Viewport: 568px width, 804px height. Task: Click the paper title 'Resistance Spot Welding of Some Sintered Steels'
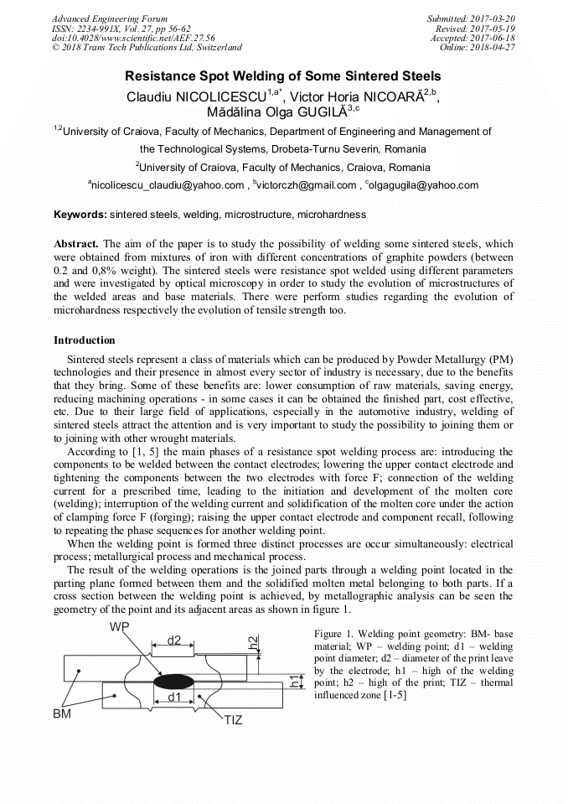tap(283, 75)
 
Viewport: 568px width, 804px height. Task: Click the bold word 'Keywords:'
tap(80, 215)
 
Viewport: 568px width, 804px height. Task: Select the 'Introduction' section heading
tap(85, 340)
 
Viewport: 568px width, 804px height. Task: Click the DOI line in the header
tap(121, 38)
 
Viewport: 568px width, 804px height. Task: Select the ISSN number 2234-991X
tap(106, 28)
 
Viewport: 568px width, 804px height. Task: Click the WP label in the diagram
tap(119, 627)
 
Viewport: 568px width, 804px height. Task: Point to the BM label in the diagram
tap(62, 713)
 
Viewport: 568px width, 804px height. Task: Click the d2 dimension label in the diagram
tap(173, 641)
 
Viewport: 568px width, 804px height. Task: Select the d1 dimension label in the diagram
tap(173, 697)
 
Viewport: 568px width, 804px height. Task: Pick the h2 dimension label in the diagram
tap(253, 642)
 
